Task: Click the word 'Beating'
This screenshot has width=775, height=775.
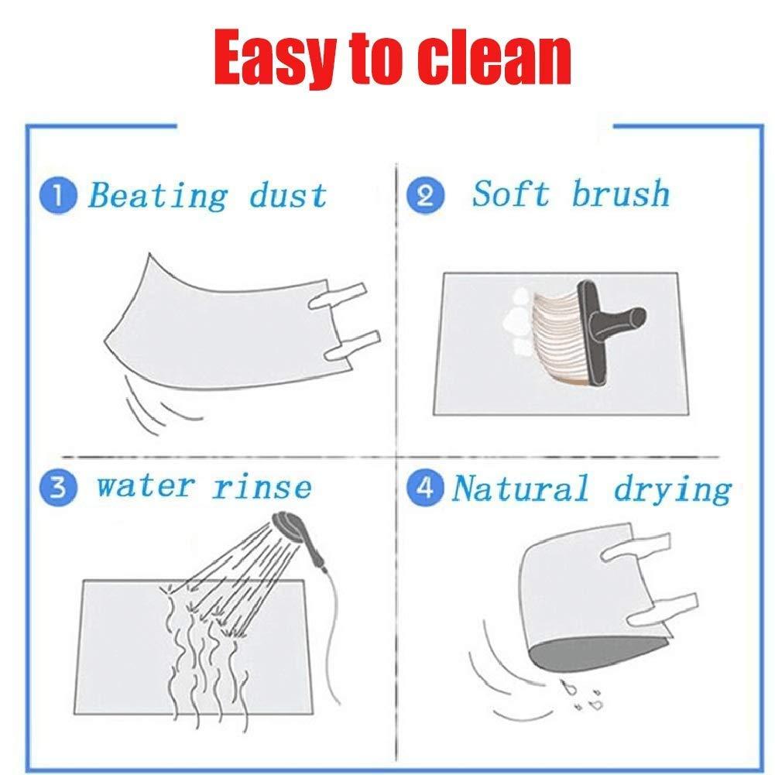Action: [x=158, y=195]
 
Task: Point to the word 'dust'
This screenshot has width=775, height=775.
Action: [x=288, y=195]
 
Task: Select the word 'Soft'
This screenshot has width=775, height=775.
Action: [x=510, y=194]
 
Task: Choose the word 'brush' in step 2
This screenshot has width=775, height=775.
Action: [x=620, y=194]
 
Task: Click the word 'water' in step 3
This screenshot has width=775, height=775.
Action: [x=144, y=488]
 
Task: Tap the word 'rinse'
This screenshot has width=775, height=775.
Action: [x=262, y=488]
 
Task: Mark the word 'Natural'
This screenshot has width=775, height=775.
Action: [x=520, y=489]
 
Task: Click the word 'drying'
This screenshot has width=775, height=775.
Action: [x=672, y=489]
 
